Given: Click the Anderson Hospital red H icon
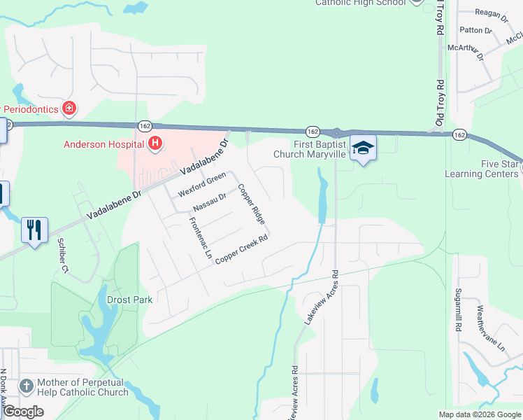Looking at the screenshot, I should tap(156, 145).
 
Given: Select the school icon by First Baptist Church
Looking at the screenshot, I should tap(363, 148).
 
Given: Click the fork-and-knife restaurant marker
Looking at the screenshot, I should tap(34, 230).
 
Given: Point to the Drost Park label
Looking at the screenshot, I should tap(129, 299).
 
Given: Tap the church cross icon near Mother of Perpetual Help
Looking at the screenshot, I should tap(26, 386).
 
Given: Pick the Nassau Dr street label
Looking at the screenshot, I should tap(210, 202).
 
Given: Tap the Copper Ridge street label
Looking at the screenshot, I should tap(251, 204).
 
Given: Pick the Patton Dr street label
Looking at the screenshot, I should tap(475, 30).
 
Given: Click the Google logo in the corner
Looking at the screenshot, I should tap(24, 412).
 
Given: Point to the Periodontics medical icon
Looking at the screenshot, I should tap(69, 108).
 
